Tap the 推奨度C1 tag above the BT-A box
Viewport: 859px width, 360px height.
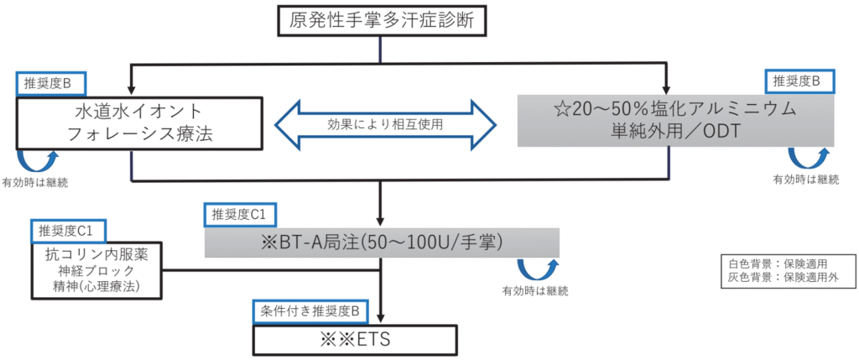(240, 213)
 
